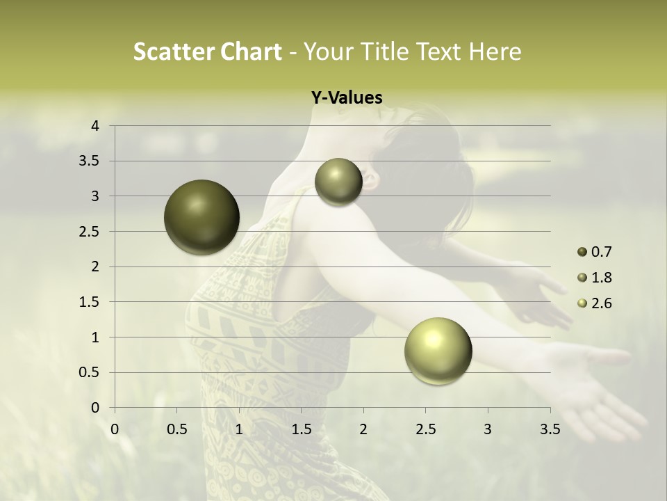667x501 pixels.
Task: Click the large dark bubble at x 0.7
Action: [202, 217]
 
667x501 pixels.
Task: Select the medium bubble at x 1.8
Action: [338, 182]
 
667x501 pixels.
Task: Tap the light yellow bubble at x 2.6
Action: [438, 351]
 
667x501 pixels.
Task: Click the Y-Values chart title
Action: [347, 98]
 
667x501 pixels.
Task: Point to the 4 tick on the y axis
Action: [95, 126]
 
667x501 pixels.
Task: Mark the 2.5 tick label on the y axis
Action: [89, 232]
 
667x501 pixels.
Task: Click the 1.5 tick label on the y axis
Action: [89, 302]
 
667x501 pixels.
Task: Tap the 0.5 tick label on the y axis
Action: [89, 372]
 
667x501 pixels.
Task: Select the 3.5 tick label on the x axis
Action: [550, 429]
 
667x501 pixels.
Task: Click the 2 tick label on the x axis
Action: [363, 429]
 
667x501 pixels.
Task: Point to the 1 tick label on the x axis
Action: [239, 429]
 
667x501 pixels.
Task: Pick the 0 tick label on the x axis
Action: [115, 429]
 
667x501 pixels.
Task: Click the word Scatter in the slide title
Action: [174, 51]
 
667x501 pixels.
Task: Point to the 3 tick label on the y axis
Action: [95, 196]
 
